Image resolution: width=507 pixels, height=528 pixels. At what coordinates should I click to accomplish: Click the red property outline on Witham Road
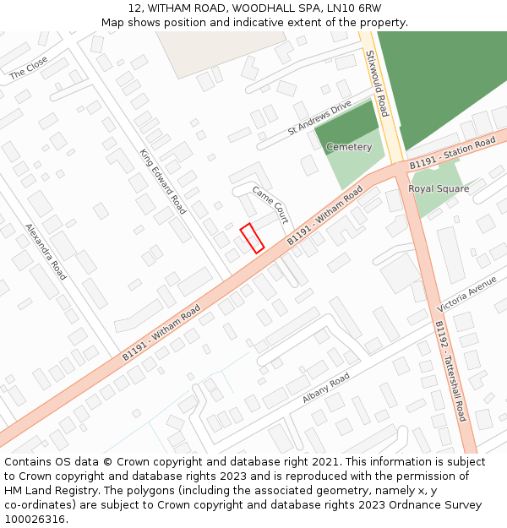252,237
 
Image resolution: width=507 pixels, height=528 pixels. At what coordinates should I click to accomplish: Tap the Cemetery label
349,147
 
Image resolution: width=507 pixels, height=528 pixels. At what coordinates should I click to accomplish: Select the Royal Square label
439,188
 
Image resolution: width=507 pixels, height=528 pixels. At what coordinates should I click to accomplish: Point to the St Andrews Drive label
319,118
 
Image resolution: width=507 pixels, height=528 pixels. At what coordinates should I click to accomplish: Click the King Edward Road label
162,181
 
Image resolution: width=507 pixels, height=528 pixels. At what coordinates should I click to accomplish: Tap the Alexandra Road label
46,251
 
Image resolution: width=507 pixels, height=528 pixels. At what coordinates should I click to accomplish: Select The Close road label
29,68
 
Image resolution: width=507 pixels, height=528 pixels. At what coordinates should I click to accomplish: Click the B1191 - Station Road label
452,154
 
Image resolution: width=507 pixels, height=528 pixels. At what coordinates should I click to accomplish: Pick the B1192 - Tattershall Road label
450,370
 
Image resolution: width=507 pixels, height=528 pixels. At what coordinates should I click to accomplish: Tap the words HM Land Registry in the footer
43,490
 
